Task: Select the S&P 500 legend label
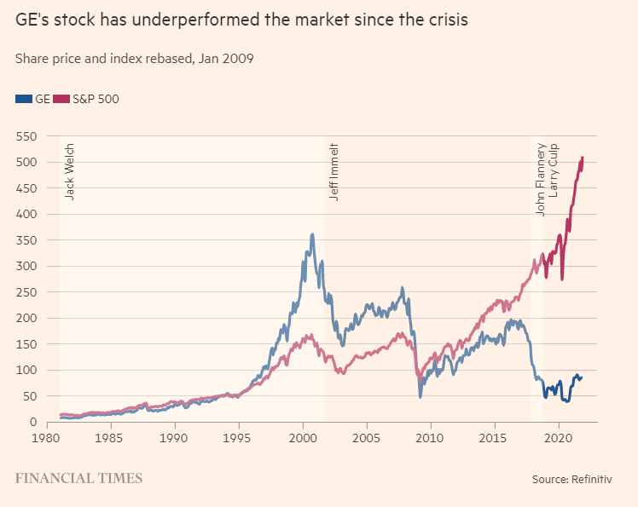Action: point(96,99)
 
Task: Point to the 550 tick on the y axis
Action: point(28,135)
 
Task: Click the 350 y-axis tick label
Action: point(28,240)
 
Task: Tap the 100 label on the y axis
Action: point(28,371)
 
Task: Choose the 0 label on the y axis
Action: point(35,423)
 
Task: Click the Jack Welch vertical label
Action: point(70,171)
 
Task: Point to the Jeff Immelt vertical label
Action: point(334,170)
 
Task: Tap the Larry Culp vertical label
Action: point(554,171)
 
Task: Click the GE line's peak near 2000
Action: point(312,234)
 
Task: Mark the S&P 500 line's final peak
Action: point(582,158)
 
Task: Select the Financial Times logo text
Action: point(78,478)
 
